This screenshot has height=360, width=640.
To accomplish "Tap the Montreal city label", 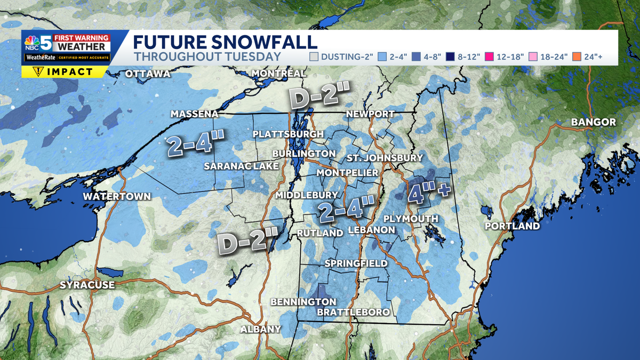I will click(x=279, y=73).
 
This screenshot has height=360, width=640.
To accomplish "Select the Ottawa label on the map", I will click(x=147, y=74).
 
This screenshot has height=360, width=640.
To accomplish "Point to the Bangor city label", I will click(x=593, y=122).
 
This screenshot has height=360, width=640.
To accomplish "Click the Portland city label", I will click(x=512, y=226).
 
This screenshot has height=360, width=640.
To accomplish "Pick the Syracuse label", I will click(x=87, y=285).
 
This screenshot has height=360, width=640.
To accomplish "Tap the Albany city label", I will click(x=260, y=329).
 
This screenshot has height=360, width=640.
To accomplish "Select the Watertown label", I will click(x=117, y=196).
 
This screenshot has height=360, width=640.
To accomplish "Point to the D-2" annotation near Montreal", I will click(x=319, y=97).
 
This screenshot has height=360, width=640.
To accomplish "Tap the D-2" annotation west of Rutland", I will click(x=247, y=240).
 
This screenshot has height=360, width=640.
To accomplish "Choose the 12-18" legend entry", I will click(x=507, y=57).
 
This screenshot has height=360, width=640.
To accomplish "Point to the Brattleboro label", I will click(x=353, y=312).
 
